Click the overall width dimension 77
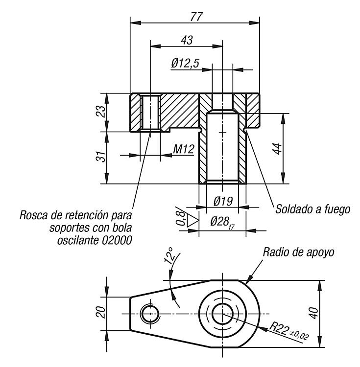pyautogui.click(x=196, y=17)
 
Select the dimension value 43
pyautogui.click(x=187, y=40)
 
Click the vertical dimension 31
pyautogui.click(x=101, y=156)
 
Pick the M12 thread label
pyautogui.click(x=184, y=149)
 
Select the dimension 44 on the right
pyautogui.click(x=278, y=149)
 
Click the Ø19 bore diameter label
pyautogui.click(x=223, y=201)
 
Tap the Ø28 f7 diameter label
pyautogui.click(x=222, y=222)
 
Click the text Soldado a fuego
pyautogui.click(x=312, y=209)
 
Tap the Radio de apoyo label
pyautogui.click(x=298, y=252)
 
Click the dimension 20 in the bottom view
pyautogui.click(x=101, y=312)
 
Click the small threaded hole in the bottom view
pyautogui.click(x=150, y=314)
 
